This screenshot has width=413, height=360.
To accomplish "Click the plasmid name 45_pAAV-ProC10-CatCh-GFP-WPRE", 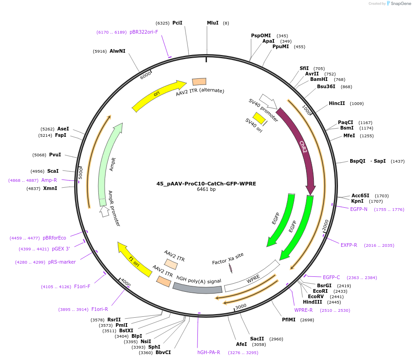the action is tap(206, 184).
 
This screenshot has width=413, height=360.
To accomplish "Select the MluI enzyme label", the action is tap(212, 23).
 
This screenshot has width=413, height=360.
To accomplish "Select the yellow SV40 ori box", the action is tap(259, 118).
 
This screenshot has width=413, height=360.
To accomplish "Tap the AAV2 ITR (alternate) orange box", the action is tap(199, 81).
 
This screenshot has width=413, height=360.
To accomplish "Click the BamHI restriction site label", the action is tap(319, 80).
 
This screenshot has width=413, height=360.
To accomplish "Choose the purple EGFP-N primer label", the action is tap(359, 209).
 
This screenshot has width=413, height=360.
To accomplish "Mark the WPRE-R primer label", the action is tap(303, 310).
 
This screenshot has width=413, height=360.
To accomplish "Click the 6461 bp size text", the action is tap(206, 190).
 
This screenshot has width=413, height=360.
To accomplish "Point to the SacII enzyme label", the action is tap(257, 339).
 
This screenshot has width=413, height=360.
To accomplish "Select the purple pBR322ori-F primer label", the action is tap(144, 32).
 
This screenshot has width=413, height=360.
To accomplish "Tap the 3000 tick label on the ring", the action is tap(241, 306).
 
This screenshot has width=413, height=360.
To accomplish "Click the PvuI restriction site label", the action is tap(55, 155).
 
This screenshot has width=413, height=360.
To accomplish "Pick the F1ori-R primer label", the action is tap(100, 309).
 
